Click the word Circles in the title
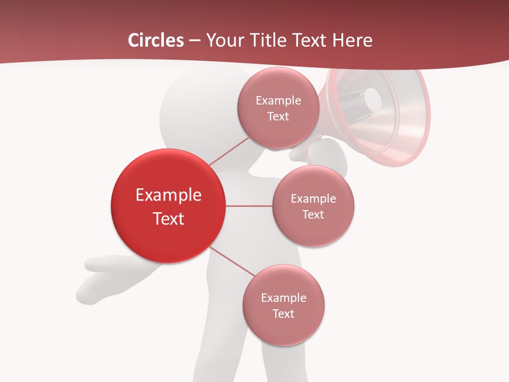point(155,40)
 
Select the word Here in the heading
point(352,40)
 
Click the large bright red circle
point(168,206)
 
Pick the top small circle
point(278,108)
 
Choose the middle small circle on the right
point(313,206)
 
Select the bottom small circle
point(283,305)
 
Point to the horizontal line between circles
point(249,206)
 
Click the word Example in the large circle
point(168,195)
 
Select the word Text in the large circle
point(168,219)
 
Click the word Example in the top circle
point(278,101)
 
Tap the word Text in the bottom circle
point(283,314)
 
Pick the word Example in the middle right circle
point(313,199)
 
